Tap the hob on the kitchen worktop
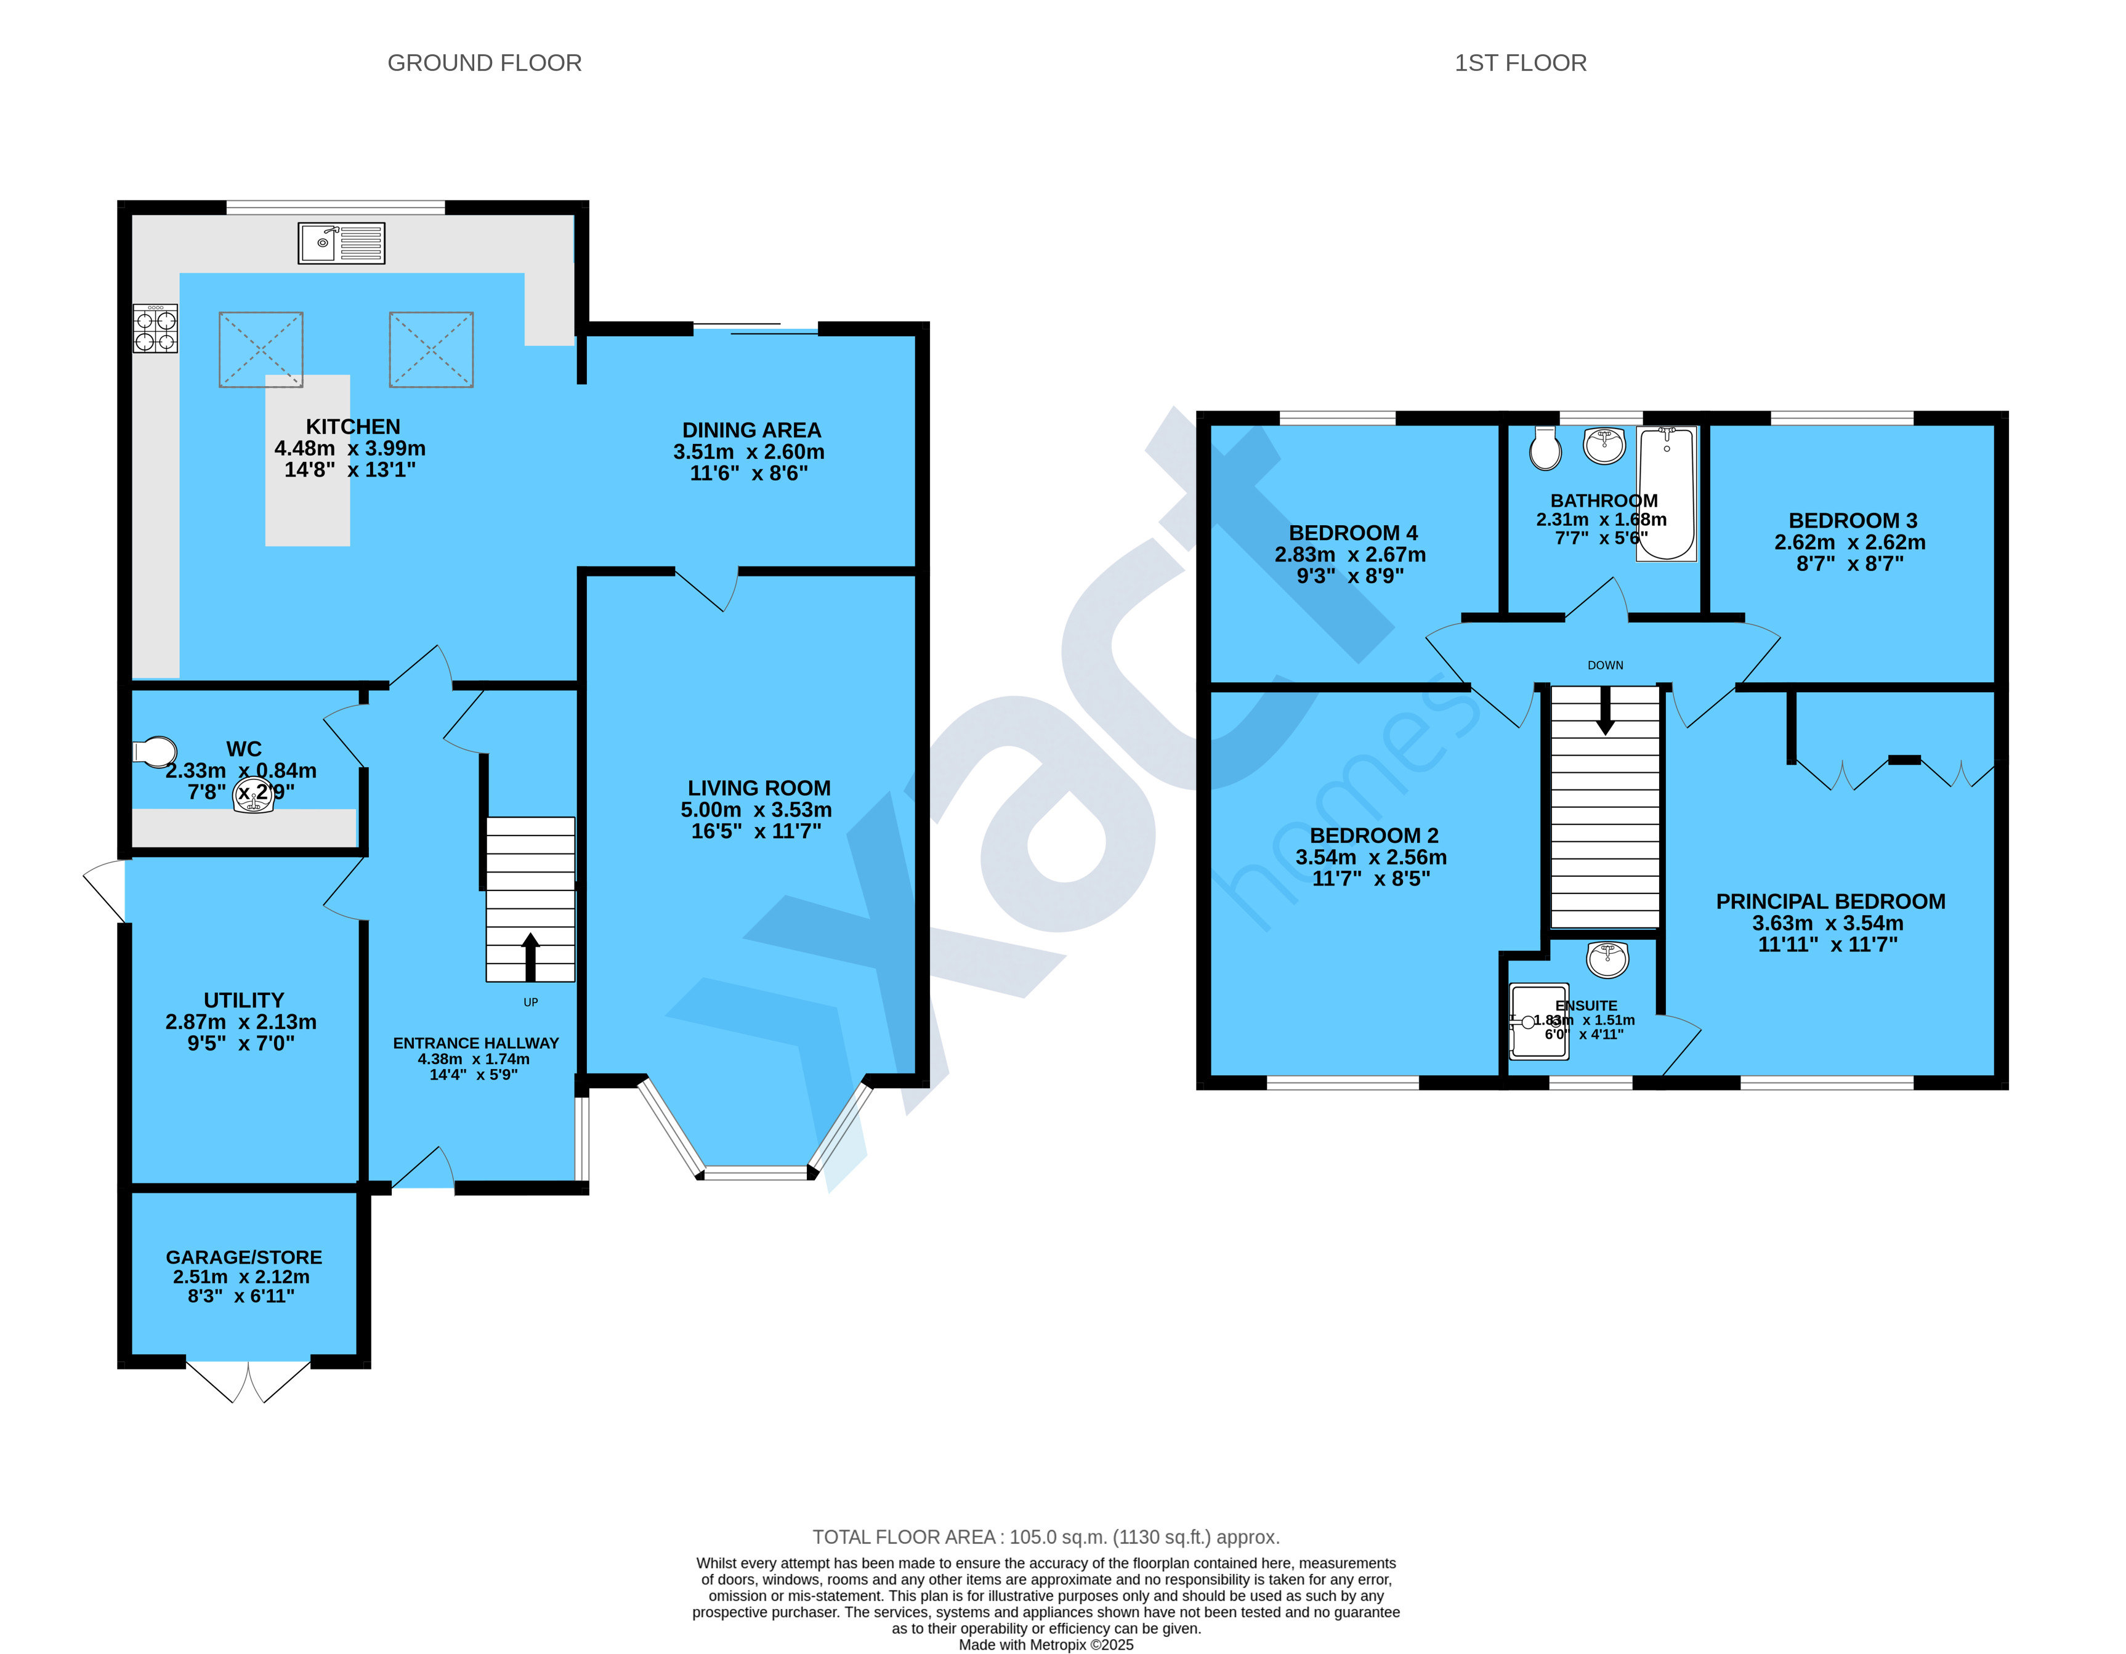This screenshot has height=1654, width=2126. [156, 328]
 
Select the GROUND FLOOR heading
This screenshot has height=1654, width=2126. [484, 63]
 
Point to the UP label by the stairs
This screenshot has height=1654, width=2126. [530, 1002]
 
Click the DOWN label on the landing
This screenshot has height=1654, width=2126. [1605, 666]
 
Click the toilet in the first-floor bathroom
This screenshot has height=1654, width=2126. [1545, 449]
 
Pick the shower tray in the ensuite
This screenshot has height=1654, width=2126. [1538, 1021]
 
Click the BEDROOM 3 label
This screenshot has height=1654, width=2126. [1853, 521]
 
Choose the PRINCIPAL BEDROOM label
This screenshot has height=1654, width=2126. [1830, 902]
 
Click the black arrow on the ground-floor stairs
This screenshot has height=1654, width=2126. [530, 957]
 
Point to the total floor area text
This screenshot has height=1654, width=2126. [1046, 1537]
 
